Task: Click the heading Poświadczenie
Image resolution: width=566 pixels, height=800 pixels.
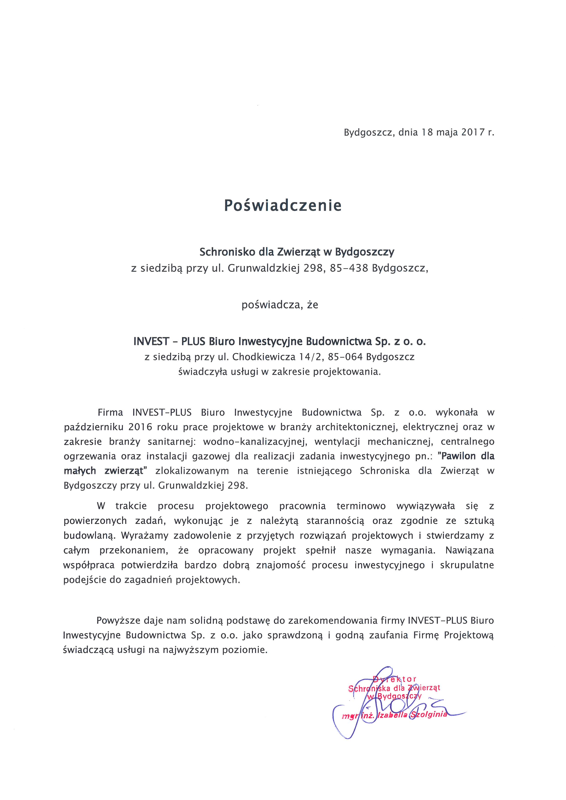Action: (282, 205)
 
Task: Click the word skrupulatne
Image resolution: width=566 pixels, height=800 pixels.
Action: (467, 565)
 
